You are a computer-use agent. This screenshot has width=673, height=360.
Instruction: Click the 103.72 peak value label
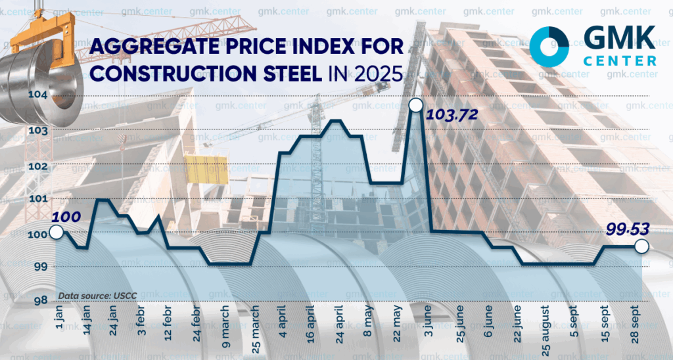(x=452, y=114)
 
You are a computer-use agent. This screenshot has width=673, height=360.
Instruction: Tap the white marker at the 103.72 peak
(x=416, y=105)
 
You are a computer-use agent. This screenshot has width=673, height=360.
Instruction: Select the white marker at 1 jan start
(x=56, y=233)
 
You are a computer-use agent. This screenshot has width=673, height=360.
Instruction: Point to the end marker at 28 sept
(x=641, y=246)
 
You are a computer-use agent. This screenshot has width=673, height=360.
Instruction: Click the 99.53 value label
(x=628, y=229)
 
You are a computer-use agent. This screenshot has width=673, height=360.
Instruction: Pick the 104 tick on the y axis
(x=38, y=94)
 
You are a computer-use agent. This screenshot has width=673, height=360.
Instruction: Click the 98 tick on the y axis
(x=41, y=300)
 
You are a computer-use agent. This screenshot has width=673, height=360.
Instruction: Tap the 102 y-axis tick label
(x=38, y=166)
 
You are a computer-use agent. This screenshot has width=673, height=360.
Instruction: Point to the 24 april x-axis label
(x=340, y=325)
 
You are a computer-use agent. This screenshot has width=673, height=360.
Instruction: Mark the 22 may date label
(x=397, y=324)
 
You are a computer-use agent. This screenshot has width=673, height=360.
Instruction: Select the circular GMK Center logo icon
(x=549, y=47)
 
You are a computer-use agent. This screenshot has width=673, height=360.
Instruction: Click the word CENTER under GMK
(x=620, y=60)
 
